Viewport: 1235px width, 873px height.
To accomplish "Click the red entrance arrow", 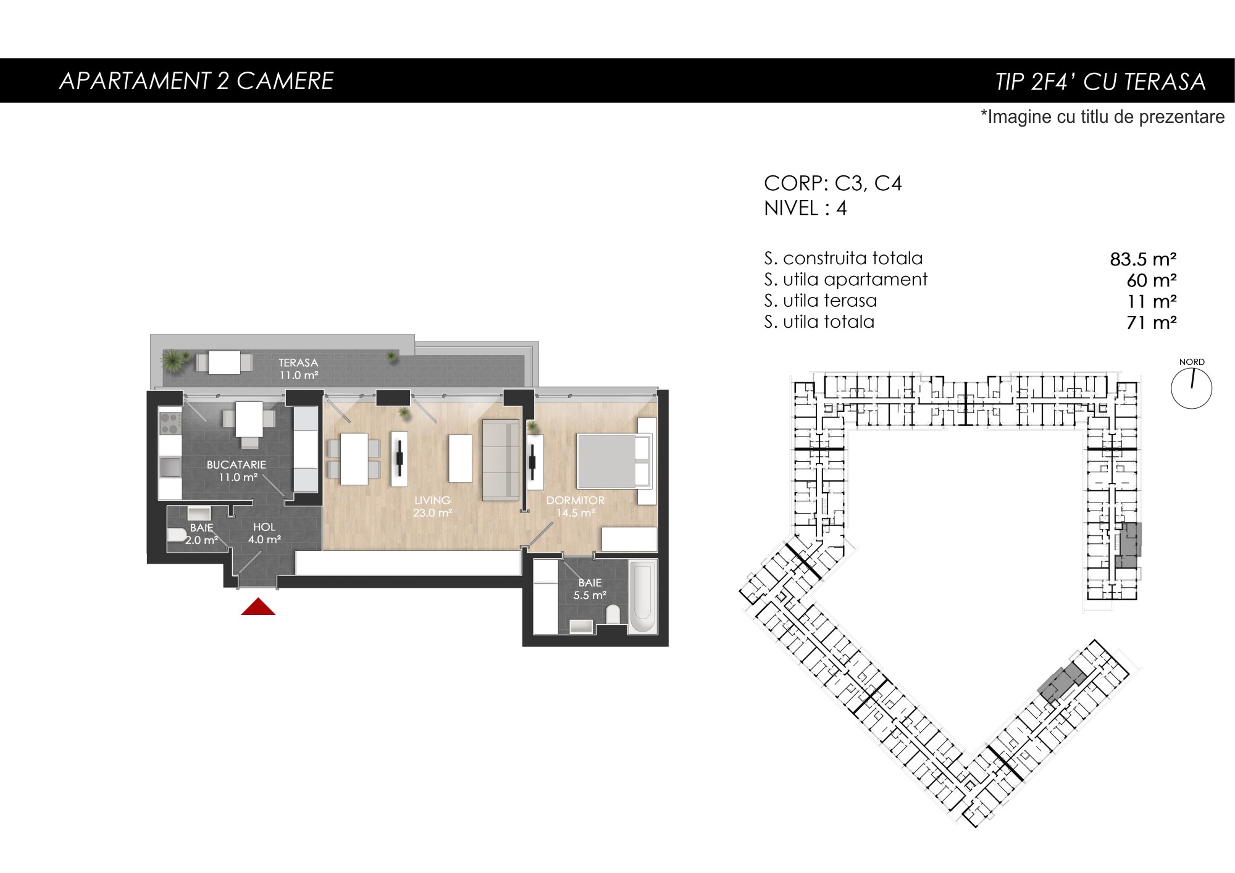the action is pos(258,607).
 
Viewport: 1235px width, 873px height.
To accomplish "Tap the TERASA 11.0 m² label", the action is pos(298,369).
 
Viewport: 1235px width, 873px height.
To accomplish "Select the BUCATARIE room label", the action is pos(237,464).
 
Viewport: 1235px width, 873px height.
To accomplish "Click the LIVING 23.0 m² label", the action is pos(432,506).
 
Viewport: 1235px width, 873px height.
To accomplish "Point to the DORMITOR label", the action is pos(576,500).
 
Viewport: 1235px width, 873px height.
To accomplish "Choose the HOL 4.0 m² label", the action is pos(264,533).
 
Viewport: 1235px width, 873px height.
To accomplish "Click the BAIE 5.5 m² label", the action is pos(590,589).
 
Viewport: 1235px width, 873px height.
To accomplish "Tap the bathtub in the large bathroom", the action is pos(642,597).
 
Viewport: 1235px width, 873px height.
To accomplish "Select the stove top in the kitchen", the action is pos(170,424).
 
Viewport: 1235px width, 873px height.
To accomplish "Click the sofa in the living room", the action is pos(501,459).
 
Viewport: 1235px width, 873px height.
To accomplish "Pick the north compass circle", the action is pos(1191,388).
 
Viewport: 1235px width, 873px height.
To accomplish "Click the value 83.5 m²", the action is pos(1143,259).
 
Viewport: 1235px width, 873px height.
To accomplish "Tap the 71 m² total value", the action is pos(1152,322).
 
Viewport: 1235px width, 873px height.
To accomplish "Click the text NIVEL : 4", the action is pos(805,208).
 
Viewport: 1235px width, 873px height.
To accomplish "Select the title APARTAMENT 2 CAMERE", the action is pos(196,81).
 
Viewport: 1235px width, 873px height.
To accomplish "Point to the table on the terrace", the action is pos(224,362).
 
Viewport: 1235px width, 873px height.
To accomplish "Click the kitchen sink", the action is pos(170,467).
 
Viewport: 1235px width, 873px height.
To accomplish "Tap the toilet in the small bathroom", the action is pos(177,535).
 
